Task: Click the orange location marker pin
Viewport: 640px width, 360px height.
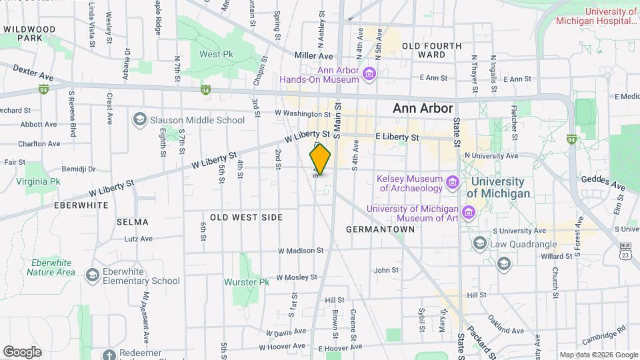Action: (321, 160)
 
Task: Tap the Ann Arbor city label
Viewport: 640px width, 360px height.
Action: (423, 108)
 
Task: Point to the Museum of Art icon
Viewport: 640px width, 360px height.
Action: (468, 213)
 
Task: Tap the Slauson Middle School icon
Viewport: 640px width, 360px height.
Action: (139, 120)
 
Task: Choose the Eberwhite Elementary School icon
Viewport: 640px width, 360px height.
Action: (92, 275)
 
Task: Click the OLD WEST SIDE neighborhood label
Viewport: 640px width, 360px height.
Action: (246, 217)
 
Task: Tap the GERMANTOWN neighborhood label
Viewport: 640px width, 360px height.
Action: (381, 229)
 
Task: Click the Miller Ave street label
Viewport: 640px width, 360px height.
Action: (313, 57)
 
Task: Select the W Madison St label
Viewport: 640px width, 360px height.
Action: (301, 251)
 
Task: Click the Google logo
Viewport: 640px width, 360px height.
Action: (22, 351)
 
